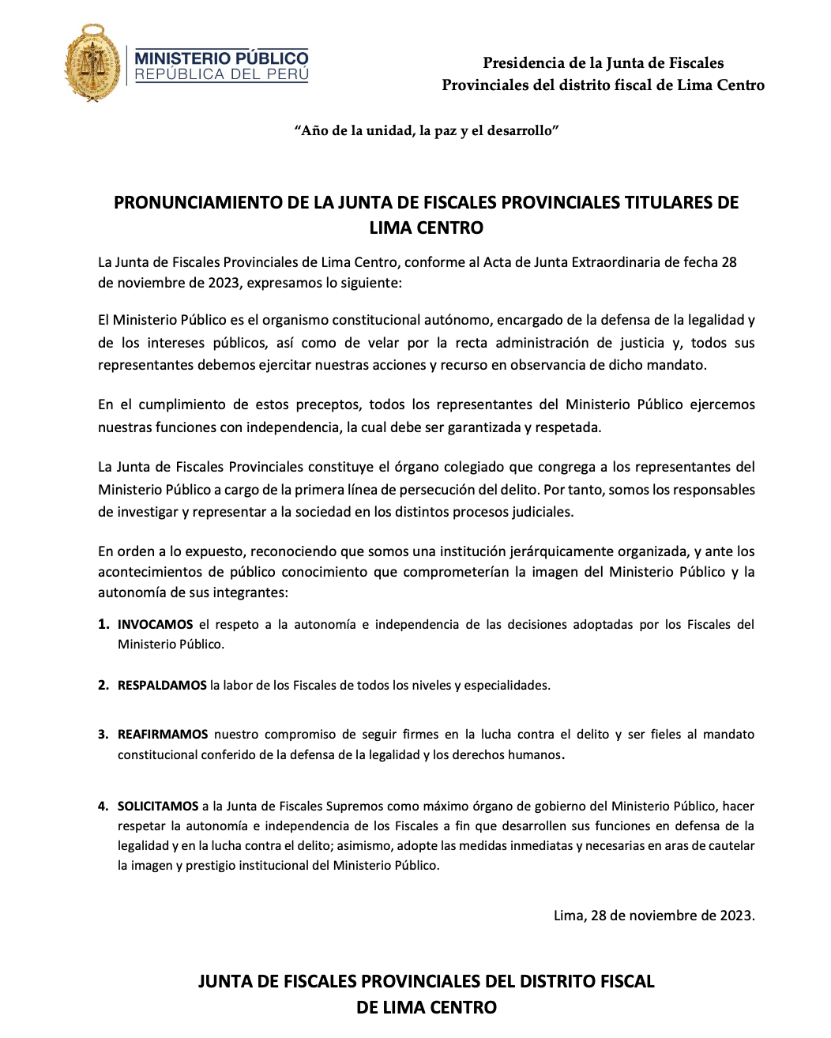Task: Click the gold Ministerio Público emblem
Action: coord(93,62)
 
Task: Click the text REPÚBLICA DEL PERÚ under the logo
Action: coord(221,74)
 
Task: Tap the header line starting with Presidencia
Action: coord(603,63)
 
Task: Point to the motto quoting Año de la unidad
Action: coord(427,130)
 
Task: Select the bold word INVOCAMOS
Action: coord(155,624)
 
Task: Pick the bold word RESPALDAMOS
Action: coord(162,685)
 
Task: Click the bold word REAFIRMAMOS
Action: coord(163,734)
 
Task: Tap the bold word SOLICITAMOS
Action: coord(158,806)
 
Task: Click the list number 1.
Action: coord(103,624)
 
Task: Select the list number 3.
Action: coord(103,734)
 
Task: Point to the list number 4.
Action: coord(103,806)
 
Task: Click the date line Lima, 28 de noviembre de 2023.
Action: coord(654,916)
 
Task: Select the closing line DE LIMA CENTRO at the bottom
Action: coord(427,1007)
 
